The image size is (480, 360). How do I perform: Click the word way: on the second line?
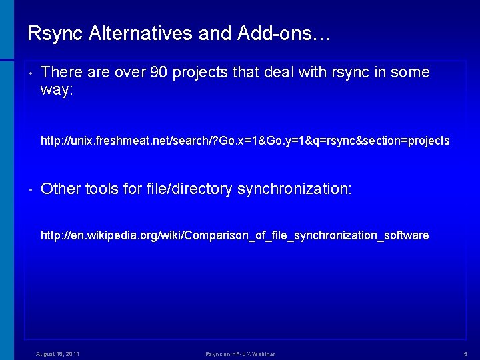pos(57,90)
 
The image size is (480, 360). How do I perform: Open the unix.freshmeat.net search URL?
pos(245,141)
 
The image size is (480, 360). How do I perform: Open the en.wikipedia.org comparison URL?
pos(235,235)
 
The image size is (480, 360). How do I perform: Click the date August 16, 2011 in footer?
pos(58,354)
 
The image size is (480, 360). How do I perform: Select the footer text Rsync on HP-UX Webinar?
pos(240,354)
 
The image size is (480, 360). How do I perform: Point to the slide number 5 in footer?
pos(465,354)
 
